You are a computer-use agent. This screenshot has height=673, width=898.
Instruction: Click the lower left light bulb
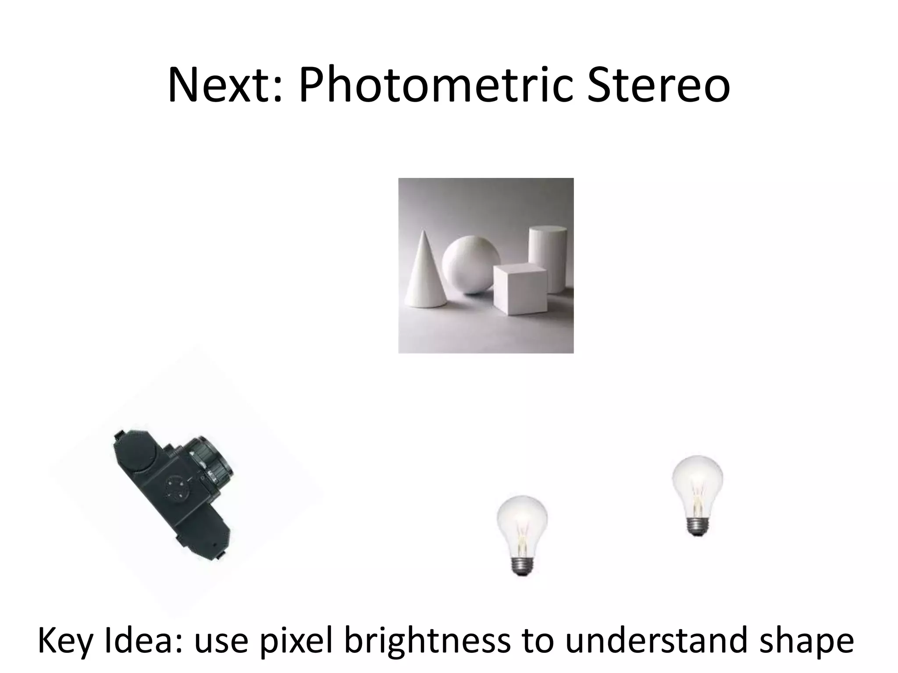tap(522, 526)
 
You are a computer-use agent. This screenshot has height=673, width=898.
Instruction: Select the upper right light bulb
tap(697, 486)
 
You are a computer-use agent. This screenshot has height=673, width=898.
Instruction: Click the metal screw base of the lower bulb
tap(522, 565)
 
